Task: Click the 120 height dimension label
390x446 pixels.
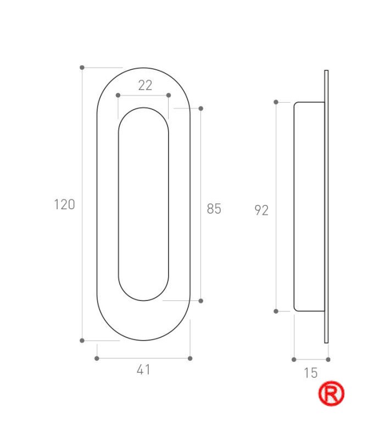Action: coord(65,204)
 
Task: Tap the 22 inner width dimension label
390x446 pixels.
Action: coord(145,85)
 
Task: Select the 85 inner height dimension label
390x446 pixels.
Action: coord(214,209)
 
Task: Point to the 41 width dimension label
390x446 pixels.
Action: coord(143,370)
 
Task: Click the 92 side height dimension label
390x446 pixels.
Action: coord(261,210)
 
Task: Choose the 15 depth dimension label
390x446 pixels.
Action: coord(310,373)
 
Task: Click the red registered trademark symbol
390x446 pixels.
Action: coord(331,393)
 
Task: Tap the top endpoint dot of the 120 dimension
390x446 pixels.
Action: coord(82,68)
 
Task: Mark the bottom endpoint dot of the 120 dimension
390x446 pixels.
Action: coord(82,341)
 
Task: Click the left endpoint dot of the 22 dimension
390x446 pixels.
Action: coord(118,95)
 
